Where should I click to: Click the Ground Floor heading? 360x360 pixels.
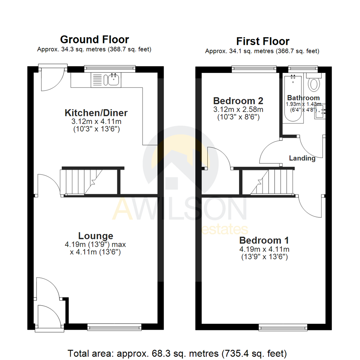coord(94,40)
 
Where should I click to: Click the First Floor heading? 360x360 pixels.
coord(263,41)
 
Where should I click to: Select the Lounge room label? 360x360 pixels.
coord(95,236)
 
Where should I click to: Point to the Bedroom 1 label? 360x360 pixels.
coord(264,240)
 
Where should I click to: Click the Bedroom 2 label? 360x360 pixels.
coord(238,100)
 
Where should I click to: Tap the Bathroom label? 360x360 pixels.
coord(303,98)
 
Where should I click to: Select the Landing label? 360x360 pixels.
coord(302,158)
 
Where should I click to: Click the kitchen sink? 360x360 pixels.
coord(113,79)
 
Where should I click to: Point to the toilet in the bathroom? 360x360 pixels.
coord(314,83)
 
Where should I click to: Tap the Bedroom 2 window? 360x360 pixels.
coord(254,69)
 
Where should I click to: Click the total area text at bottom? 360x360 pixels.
coord(177,353)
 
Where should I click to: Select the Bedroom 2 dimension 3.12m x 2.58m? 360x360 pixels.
coord(238,109)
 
